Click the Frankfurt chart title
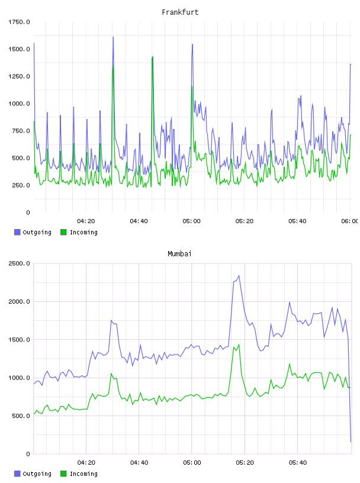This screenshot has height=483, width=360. (x=180, y=12)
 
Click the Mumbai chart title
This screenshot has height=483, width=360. (x=179, y=253)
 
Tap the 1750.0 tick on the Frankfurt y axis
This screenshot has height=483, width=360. (x=19, y=22)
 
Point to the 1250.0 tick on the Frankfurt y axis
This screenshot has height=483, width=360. (x=19, y=76)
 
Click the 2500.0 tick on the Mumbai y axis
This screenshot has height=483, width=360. (x=19, y=263)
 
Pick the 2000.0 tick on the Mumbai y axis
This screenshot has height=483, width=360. (x=19, y=301)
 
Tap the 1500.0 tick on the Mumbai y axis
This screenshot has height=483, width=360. (x=19, y=339)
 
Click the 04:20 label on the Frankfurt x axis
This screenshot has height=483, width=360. (x=86, y=221)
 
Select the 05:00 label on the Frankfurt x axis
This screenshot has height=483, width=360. (x=192, y=221)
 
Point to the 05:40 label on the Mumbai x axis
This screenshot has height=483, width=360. (x=298, y=462)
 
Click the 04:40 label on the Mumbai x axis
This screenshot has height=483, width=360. (x=139, y=462)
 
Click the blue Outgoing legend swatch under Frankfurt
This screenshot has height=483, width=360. (x=17, y=232)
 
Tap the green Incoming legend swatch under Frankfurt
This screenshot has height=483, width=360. (x=63, y=232)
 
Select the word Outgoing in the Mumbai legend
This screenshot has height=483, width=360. (x=37, y=474)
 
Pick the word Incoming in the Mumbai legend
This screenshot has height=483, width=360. (x=83, y=474)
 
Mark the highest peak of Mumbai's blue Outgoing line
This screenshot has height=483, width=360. (x=239, y=275)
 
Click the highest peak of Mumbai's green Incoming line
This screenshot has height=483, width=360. (x=239, y=344)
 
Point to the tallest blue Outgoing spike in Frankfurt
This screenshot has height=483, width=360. (x=113, y=37)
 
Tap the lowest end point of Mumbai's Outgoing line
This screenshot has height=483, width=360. (x=351, y=442)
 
